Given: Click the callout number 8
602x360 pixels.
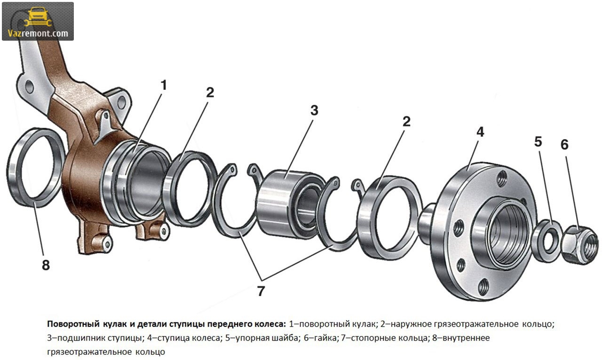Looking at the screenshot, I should pyautogui.click(x=46, y=265).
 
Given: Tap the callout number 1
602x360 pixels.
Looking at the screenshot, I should pyautogui.click(x=163, y=86).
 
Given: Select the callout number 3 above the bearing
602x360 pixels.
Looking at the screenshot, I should pyautogui.click(x=314, y=110).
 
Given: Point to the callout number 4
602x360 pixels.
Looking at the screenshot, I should pyautogui.click(x=480, y=132).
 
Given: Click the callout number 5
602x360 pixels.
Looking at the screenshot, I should pyautogui.click(x=538, y=141).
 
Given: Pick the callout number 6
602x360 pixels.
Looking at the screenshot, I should pyautogui.click(x=564, y=145).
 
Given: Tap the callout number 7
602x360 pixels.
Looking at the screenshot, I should pyautogui.click(x=261, y=291).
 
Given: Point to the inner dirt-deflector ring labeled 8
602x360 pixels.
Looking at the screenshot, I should pyautogui.click(x=35, y=167).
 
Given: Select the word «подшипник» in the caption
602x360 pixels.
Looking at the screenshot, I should pyautogui.click(x=82, y=338).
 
